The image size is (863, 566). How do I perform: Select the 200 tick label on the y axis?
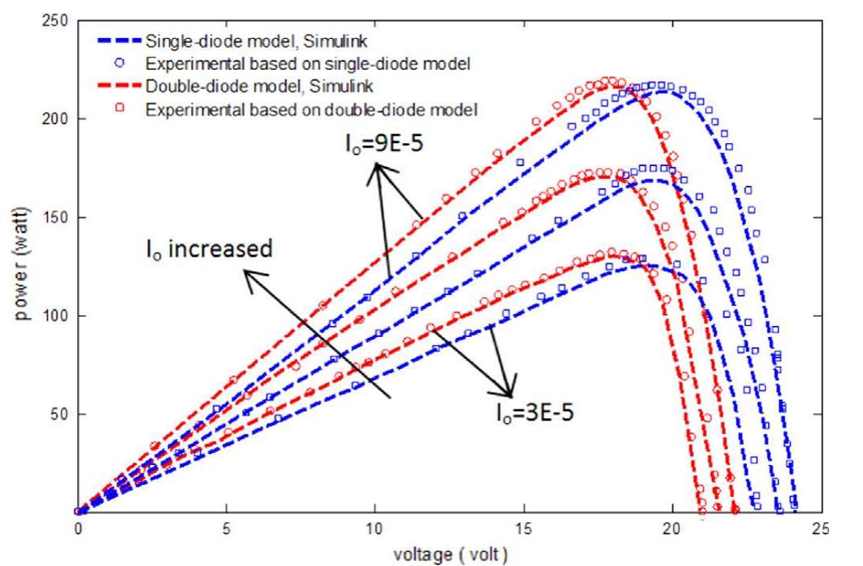point(53,118)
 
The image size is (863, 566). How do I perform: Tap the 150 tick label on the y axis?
point(53,217)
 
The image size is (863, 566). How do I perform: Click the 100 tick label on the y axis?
point(53,316)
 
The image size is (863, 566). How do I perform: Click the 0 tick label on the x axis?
point(77,529)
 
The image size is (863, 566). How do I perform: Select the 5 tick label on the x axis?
point(227,529)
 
